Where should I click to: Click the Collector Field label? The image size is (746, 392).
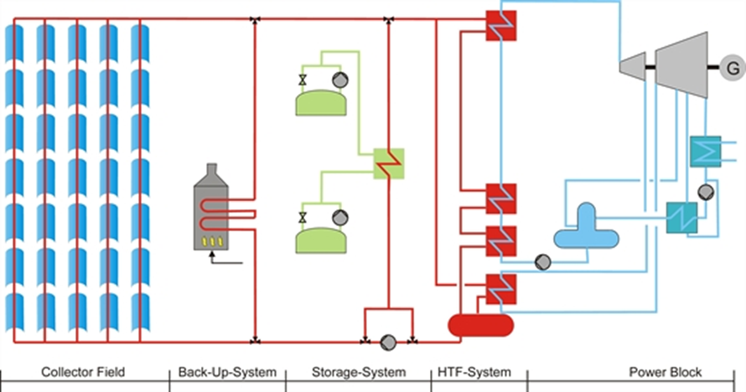pyautogui.click(x=76, y=373)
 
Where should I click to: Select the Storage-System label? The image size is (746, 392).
pyautogui.click(x=358, y=373)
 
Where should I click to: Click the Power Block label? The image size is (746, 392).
pyautogui.click(x=666, y=373)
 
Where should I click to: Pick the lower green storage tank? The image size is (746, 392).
pyautogui.click(x=321, y=238)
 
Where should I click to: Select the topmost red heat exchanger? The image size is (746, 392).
pyautogui.click(x=500, y=26)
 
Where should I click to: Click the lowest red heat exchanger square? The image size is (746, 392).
pyautogui.click(x=500, y=289)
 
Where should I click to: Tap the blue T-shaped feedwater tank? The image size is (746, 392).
pyautogui.click(x=586, y=229)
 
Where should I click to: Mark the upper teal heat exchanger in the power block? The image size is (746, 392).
pyautogui.click(x=706, y=151)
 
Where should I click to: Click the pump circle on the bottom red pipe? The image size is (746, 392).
pyautogui.click(x=388, y=342)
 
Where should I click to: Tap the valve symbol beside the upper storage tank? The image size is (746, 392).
pyautogui.click(x=302, y=80)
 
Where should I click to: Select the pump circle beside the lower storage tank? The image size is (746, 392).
pyautogui.click(x=340, y=218)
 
